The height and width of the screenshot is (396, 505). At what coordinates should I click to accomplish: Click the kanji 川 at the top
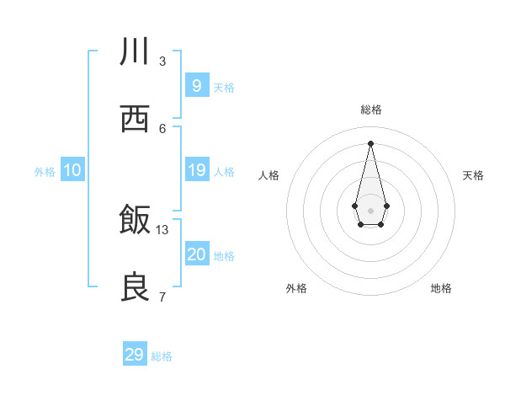(x=135, y=51)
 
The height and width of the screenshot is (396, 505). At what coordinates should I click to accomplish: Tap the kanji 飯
(x=135, y=220)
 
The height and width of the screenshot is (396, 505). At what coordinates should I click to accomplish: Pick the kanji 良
(x=135, y=287)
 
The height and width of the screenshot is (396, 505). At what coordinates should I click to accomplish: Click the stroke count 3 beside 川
(x=162, y=61)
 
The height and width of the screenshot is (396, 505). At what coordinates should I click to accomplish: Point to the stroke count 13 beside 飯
(x=162, y=229)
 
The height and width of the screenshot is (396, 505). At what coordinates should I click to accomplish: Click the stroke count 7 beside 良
(x=162, y=297)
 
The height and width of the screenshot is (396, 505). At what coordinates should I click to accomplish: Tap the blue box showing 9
(x=196, y=85)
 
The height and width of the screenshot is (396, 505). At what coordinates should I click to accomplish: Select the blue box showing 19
(x=196, y=170)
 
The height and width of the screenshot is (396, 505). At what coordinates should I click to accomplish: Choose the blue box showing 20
(x=196, y=254)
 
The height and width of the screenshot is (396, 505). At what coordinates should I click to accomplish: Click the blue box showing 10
(x=72, y=170)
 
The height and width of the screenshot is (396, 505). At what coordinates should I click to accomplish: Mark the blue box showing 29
(x=135, y=355)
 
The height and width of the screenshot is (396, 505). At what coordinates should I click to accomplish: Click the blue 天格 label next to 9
(x=224, y=88)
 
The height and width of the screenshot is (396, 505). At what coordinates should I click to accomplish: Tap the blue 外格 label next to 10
(x=45, y=172)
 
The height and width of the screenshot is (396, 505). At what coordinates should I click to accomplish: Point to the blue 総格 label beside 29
(x=162, y=356)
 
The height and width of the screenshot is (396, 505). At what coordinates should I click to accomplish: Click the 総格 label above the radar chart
(x=371, y=110)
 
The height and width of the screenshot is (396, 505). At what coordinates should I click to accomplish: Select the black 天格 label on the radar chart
(x=474, y=175)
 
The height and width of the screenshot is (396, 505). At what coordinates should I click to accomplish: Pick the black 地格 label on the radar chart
(x=441, y=288)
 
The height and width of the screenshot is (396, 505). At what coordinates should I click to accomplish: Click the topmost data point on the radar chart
(x=370, y=142)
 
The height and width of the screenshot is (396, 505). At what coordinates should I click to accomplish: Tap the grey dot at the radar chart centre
(x=370, y=209)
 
